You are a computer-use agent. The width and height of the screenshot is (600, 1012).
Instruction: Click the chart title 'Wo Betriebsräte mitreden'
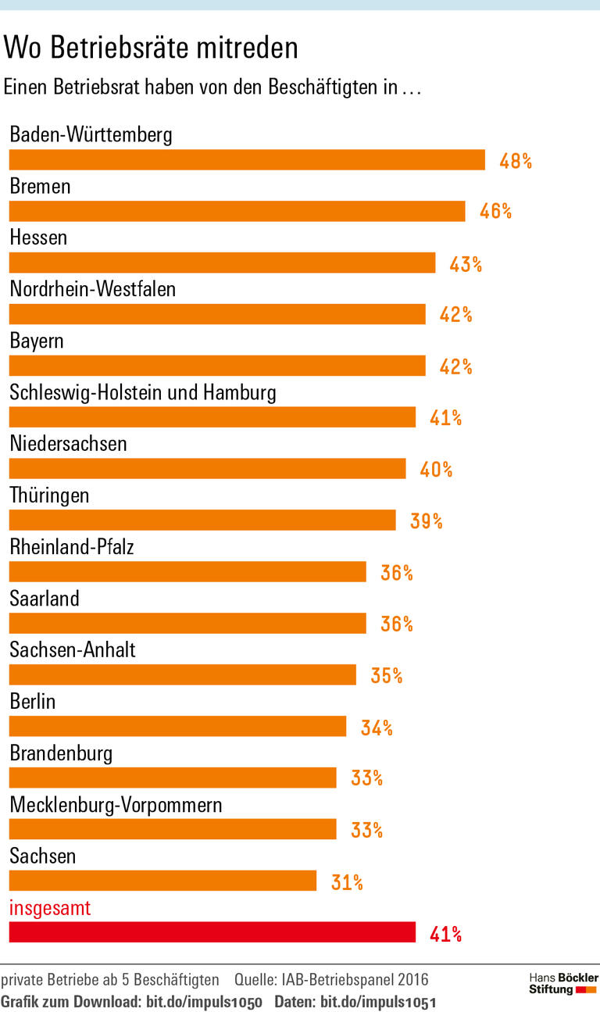point(151,48)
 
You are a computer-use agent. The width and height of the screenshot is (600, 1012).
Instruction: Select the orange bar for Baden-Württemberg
point(247,160)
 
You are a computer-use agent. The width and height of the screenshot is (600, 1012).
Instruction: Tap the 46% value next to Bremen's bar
point(495,211)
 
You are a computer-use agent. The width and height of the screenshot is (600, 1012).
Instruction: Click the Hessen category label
point(38,238)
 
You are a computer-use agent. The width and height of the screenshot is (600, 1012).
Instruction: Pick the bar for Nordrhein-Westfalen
point(217,314)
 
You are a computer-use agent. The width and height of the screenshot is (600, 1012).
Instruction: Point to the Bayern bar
point(217,366)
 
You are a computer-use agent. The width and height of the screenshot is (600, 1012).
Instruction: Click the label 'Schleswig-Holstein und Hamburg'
point(143,392)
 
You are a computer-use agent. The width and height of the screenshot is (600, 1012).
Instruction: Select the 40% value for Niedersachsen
point(436,469)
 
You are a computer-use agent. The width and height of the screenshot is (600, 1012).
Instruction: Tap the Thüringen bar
point(202,520)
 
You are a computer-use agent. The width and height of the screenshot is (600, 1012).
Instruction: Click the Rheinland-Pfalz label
point(72,547)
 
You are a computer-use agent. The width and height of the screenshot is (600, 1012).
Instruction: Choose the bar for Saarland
point(187,624)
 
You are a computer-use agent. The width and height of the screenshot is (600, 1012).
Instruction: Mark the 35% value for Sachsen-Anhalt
point(386,675)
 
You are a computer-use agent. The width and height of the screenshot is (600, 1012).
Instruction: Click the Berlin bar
point(177,727)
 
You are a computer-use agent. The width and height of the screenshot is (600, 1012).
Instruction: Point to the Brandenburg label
point(61,753)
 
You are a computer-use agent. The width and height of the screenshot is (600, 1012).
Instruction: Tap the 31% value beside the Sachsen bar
point(347,882)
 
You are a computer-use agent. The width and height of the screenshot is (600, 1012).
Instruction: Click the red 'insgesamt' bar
point(212,933)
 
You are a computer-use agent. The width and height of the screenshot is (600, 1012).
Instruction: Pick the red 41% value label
point(445,933)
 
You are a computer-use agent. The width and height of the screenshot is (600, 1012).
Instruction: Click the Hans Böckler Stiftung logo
point(563,983)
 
